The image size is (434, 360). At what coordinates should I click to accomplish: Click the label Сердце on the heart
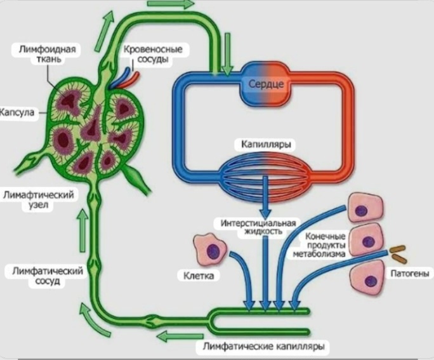coord(266,83)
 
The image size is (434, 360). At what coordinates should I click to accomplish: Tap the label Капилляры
coord(266,144)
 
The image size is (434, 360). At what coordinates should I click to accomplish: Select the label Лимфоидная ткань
coord(48,54)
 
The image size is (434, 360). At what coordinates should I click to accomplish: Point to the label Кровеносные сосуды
coord(153,54)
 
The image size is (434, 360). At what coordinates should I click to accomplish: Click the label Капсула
coord(17,112)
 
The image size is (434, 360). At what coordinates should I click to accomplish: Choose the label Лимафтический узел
coord(39,199)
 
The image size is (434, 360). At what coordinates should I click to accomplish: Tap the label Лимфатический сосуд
coord(48,276)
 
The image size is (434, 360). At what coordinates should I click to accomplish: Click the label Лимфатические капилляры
coord(263,347)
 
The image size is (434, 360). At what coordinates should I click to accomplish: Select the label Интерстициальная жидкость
coord(258,227)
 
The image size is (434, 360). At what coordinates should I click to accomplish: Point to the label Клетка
coord(199,276)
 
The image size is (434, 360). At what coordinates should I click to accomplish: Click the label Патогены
coord(410,274)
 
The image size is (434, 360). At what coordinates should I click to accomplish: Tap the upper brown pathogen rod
coord(397,249)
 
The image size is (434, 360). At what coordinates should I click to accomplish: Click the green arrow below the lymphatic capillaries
coord(179,337)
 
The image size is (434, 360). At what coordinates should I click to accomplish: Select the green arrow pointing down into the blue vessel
coord(228,54)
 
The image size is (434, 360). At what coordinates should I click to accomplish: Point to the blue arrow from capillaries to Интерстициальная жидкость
coord(265,197)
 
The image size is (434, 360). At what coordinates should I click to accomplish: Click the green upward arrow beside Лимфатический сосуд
coord(82,230)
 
